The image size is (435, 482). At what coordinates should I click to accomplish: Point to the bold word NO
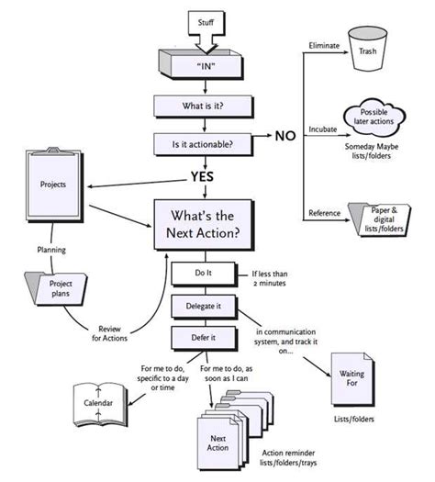pos(284,136)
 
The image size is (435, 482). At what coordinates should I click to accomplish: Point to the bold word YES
pos(202,175)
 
